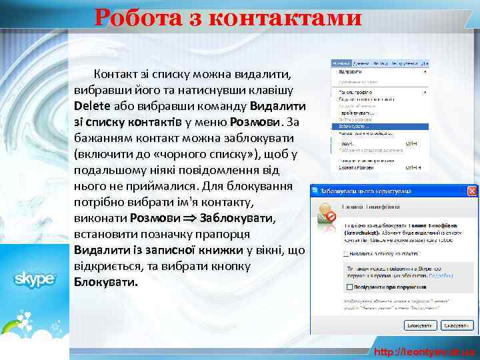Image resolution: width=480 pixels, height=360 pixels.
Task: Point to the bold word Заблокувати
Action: (236, 217)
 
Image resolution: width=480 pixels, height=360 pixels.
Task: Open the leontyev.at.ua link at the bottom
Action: (424, 351)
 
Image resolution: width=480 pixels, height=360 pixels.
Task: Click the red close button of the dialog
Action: (472, 191)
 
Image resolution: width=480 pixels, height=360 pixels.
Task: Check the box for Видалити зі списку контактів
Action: (345, 254)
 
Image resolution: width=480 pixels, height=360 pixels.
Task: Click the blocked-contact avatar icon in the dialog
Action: (327, 213)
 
